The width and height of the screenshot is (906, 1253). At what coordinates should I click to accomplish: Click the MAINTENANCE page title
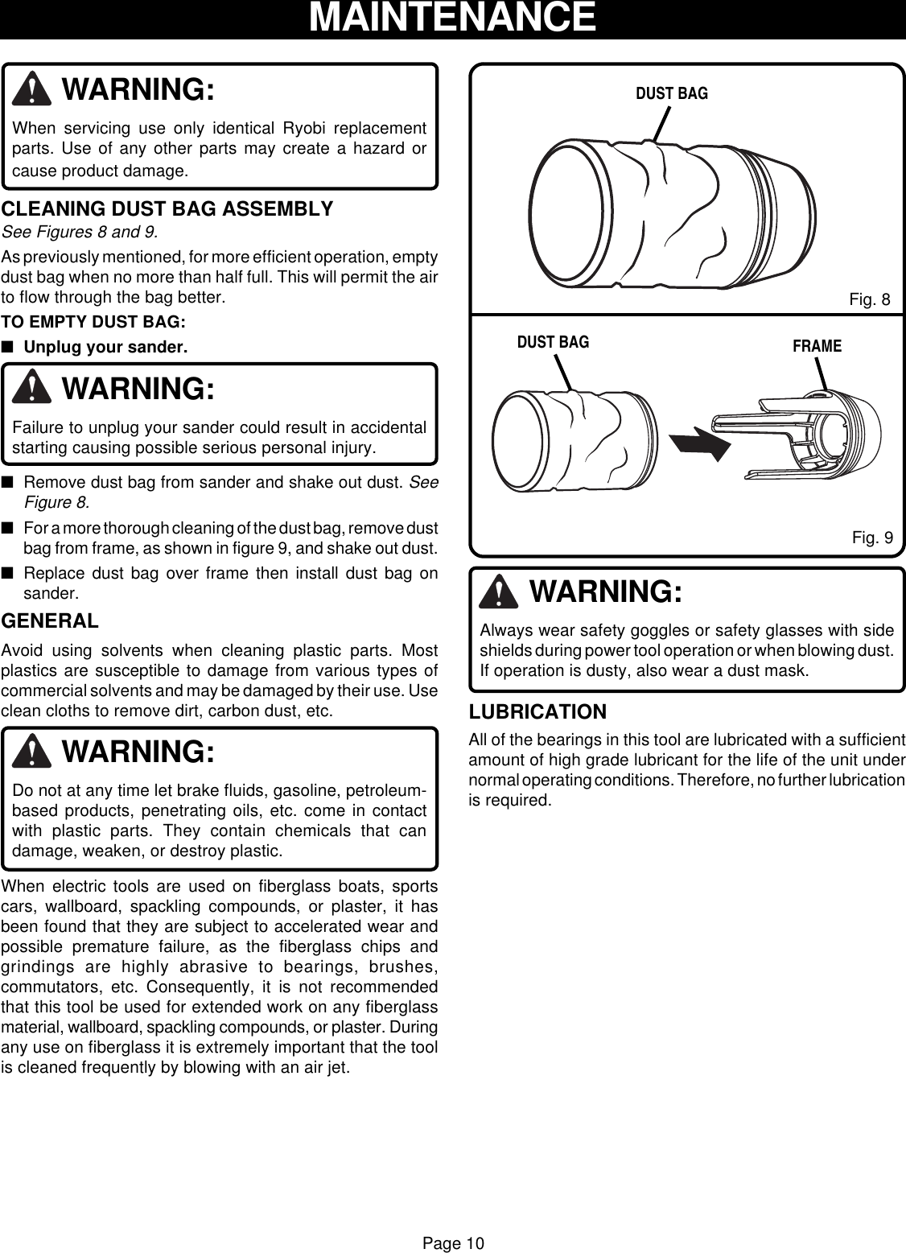point(452,18)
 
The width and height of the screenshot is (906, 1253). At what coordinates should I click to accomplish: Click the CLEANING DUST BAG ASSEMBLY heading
point(167,209)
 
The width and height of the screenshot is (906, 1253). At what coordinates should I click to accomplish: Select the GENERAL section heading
point(51,621)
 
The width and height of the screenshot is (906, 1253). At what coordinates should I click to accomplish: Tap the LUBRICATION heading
point(537,712)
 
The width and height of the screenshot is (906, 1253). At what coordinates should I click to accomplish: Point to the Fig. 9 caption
point(872,538)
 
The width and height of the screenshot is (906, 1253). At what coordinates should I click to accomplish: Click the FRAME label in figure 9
point(817,346)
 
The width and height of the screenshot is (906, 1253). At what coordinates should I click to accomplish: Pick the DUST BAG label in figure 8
point(672,93)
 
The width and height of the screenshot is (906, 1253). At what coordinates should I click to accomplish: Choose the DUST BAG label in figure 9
point(553,342)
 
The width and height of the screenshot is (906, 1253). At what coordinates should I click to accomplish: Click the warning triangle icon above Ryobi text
point(33,89)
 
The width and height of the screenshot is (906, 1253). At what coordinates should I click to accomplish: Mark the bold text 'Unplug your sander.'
point(105,348)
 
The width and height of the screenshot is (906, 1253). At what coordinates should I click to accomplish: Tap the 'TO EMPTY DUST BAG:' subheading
point(93,323)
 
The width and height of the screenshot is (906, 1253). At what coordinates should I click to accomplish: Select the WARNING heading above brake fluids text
point(138,752)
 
